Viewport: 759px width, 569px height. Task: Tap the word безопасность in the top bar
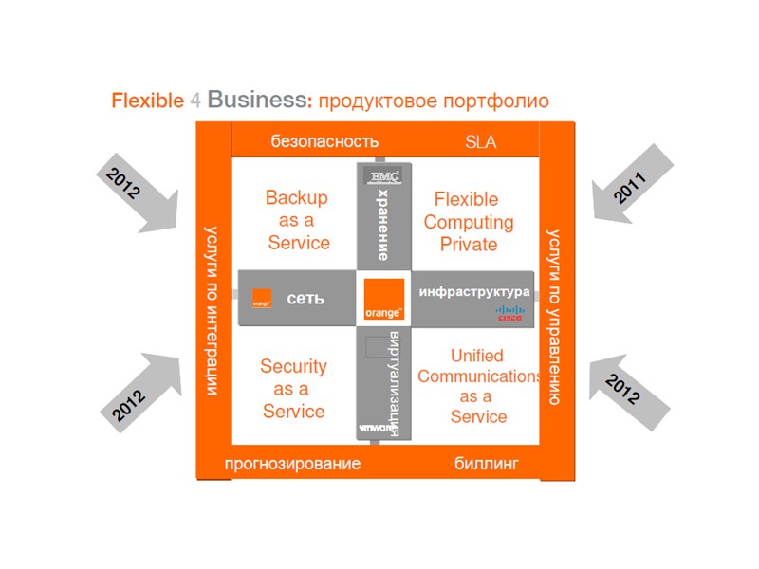pyautogui.click(x=324, y=142)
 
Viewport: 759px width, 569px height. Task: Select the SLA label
pyautogui.click(x=480, y=142)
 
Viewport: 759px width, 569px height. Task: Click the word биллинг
pyautogui.click(x=487, y=464)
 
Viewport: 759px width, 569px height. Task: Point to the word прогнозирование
pyautogui.click(x=292, y=464)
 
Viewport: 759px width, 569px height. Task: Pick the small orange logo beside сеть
pyautogui.click(x=262, y=298)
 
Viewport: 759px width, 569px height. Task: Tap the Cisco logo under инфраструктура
pyautogui.click(x=509, y=314)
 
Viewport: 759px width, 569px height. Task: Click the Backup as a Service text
pyautogui.click(x=297, y=220)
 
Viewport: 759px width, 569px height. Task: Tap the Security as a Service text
pyautogui.click(x=293, y=389)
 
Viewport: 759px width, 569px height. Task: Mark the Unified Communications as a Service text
pyautogui.click(x=478, y=386)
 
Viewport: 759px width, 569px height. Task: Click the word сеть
pyautogui.click(x=305, y=298)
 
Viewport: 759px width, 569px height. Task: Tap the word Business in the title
pyautogui.click(x=257, y=100)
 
